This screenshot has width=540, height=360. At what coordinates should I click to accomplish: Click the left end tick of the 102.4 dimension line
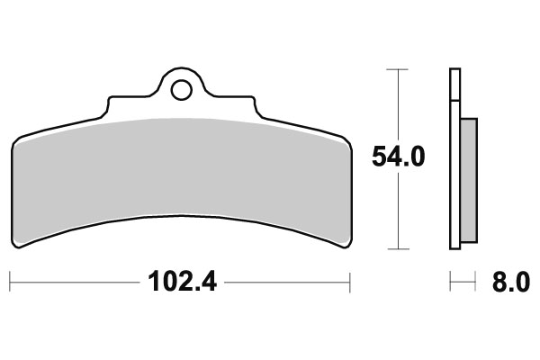click(12, 283)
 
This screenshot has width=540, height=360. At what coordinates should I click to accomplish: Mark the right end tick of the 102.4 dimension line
click(349, 283)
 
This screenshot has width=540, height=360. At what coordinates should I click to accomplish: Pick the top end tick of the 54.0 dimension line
click(398, 68)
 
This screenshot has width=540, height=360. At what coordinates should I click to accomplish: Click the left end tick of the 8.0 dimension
click(450, 283)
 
